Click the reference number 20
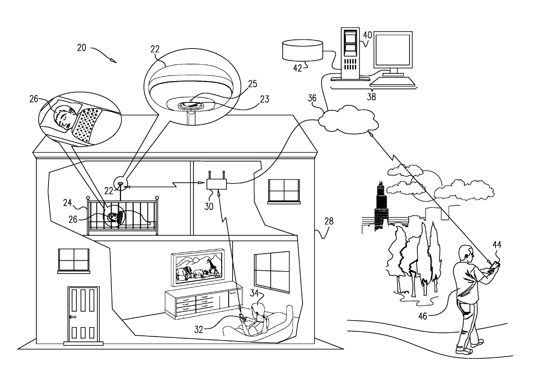click(x=82, y=48)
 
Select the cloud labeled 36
click(x=347, y=118)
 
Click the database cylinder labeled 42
click(x=303, y=51)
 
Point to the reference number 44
click(x=497, y=245)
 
